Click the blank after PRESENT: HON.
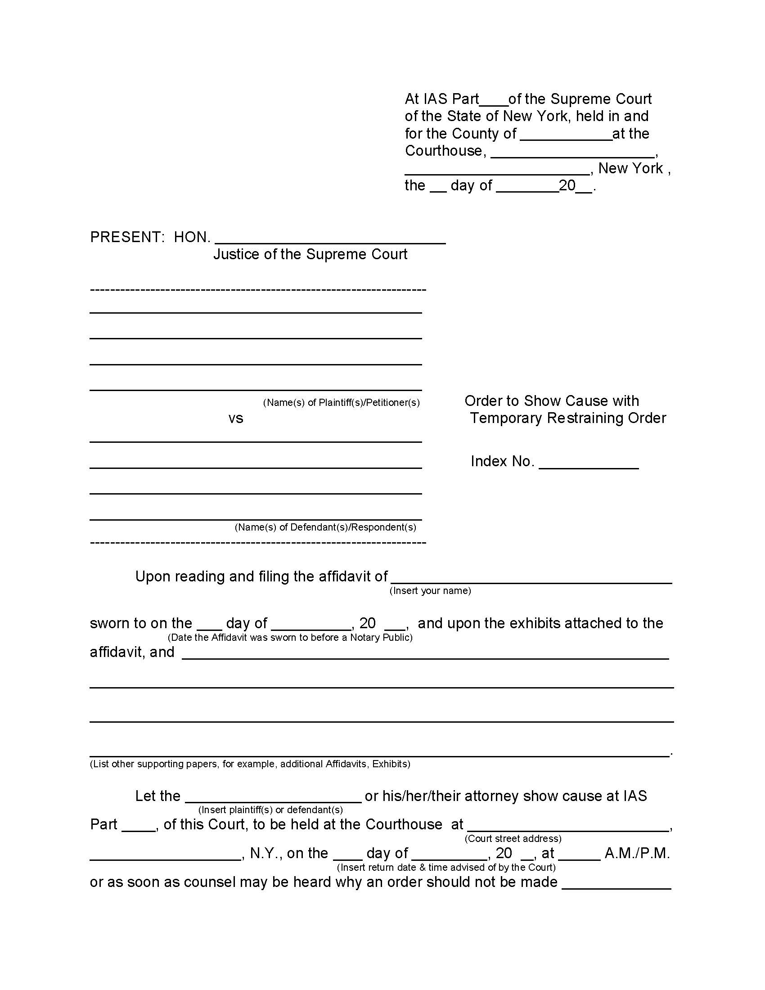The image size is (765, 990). point(330,240)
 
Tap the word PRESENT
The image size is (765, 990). point(126,237)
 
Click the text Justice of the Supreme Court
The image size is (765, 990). point(310,254)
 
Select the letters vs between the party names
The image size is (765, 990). point(236,418)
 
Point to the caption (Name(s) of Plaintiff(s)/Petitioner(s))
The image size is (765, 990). point(341,403)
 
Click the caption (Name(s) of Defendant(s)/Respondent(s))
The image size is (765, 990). point(325,527)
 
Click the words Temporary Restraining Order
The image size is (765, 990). point(567,418)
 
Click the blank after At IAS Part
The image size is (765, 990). point(494,102)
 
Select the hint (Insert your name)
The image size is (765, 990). point(430,591)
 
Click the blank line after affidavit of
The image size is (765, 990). point(531,580)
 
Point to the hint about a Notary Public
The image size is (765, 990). point(290,637)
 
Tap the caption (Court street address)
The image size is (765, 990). point(513,839)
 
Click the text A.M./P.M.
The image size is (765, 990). point(637,854)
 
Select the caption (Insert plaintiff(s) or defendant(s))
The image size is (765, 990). point(270,810)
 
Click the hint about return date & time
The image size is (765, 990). point(446,867)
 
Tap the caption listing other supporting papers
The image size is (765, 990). point(250,764)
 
